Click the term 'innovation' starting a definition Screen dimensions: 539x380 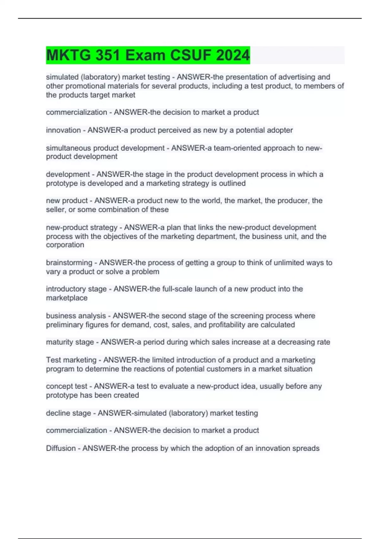point(63,130)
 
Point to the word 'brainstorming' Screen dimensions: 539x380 point(69,263)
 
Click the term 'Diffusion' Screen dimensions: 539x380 point(61,448)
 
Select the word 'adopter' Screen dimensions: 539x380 point(280,130)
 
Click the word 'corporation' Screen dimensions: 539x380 point(65,245)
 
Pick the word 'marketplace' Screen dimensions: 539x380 point(66,298)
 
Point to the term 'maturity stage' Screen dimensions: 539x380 point(70,342)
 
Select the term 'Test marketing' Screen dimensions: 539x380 point(71,360)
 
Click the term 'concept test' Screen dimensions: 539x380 point(66,386)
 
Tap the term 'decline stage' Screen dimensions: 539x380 point(68,413)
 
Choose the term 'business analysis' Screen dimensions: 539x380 point(76,316)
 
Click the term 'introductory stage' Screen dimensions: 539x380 point(76,289)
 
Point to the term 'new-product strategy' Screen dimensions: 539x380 point(82,227)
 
